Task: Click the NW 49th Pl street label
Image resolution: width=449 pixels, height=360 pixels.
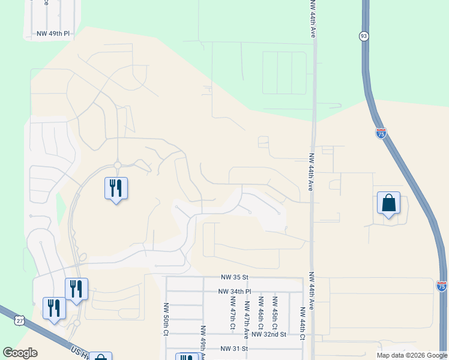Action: (x=53, y=34)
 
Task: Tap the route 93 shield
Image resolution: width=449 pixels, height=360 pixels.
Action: (x=364, y=36)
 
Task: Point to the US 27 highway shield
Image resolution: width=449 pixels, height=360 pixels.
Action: (x=20, y=321)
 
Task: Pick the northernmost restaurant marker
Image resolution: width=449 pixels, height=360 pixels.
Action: (x=116, y=188)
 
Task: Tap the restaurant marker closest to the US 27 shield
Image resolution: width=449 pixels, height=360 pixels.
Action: (x=54, y=308)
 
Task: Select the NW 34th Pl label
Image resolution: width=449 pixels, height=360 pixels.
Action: (x=234, y=292)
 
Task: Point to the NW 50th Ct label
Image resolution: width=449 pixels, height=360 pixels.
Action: (x=165, y=319)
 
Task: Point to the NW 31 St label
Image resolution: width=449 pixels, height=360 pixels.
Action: (x=234, y=349)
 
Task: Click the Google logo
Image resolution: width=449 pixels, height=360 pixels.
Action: (x=20, y=353)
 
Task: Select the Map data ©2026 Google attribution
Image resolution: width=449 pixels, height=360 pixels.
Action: (x=412, y=355)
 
